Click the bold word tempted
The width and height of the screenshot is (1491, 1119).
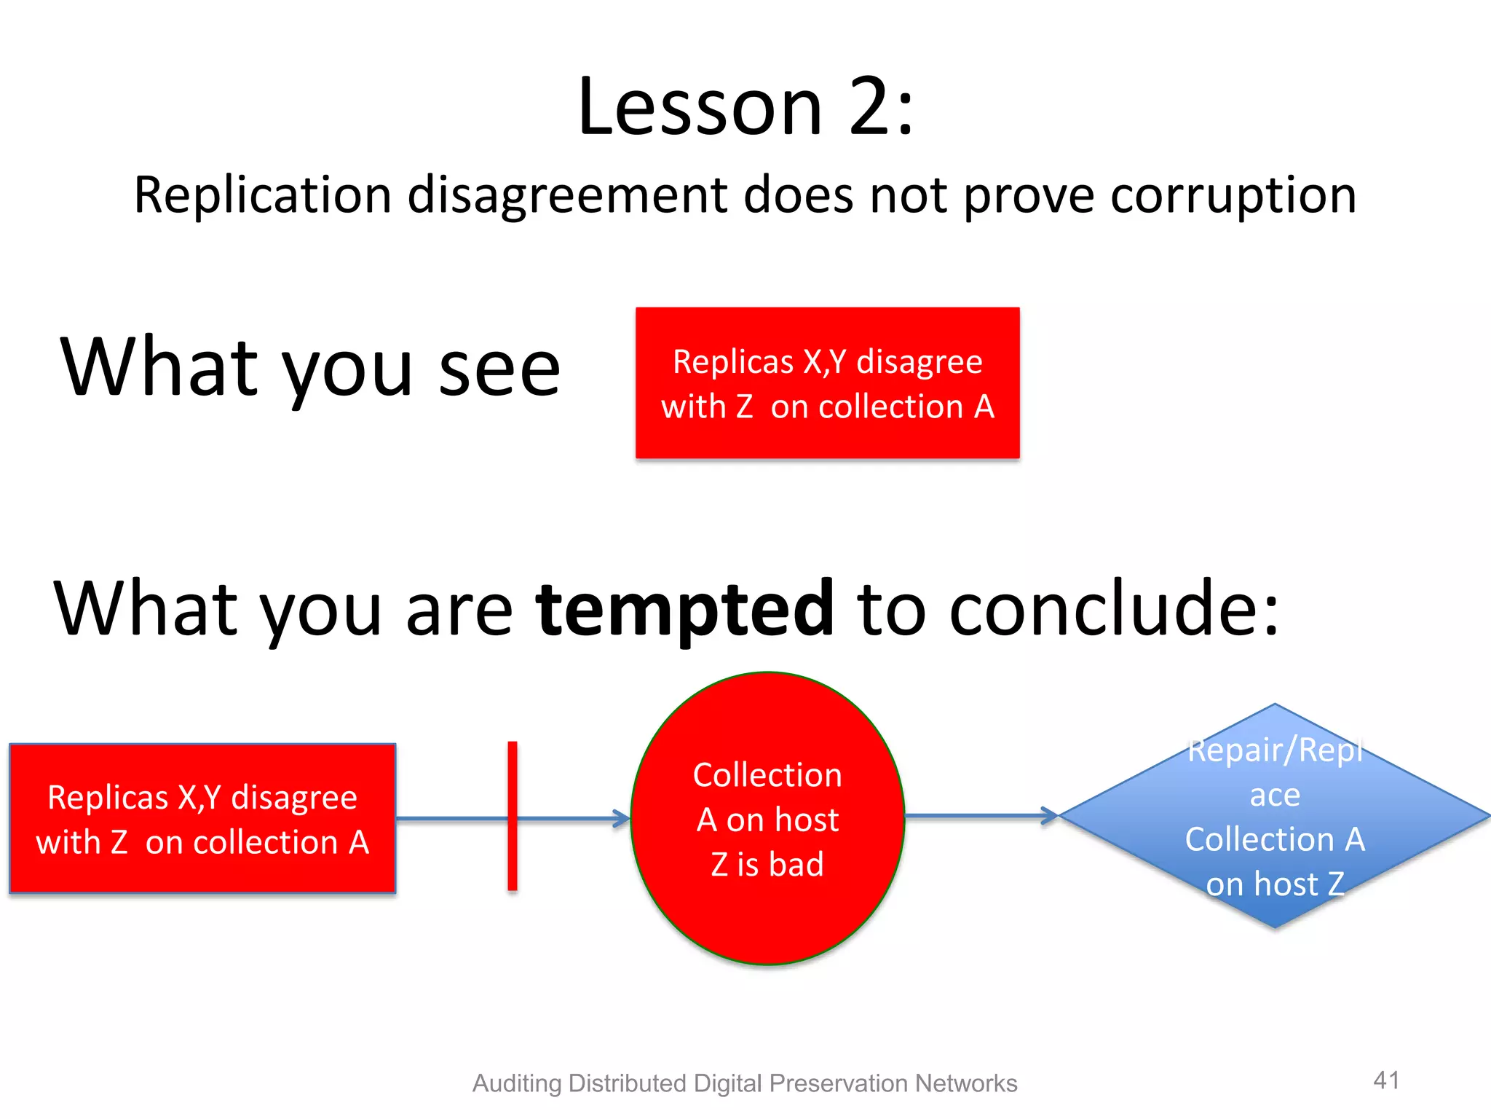point(684,608)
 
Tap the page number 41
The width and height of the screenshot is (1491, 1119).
point(1386,1080)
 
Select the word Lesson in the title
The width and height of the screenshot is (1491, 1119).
point(700,108)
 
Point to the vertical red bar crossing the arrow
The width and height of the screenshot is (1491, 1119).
point(513,816)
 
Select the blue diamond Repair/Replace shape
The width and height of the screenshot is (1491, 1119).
point(1274,816)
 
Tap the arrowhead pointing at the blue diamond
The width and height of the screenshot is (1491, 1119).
point(1050,815)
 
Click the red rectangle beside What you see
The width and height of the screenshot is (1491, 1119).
point(827,383)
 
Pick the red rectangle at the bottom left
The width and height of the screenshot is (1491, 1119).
point(202,819)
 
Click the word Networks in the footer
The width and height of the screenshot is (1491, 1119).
point(966,1083)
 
